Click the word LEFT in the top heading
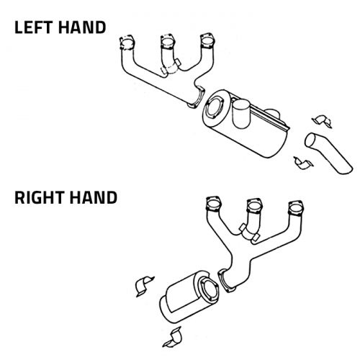[x=33, y=27]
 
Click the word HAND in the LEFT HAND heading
[x=82, y=27]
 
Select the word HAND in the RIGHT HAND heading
[x=93, y=198]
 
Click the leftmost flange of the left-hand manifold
[x=127, y=43]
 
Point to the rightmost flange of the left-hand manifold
[x=207, y=41]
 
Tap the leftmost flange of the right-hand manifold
[x=213, y=204]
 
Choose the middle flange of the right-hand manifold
[x=254, y=205]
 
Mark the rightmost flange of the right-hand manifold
[x=296, y=208]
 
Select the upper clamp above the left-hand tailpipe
[x=322, y=121]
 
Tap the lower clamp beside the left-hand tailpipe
[x=303, y=163]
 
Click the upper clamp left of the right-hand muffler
[x=144, y=287]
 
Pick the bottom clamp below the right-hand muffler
[x=172, y=337]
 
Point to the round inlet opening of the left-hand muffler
[x=214, y=107]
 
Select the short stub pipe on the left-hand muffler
[x=241, y=114]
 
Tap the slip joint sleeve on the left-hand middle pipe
[x=171, y=67]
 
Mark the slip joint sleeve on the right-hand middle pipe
[x=250, y=233]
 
